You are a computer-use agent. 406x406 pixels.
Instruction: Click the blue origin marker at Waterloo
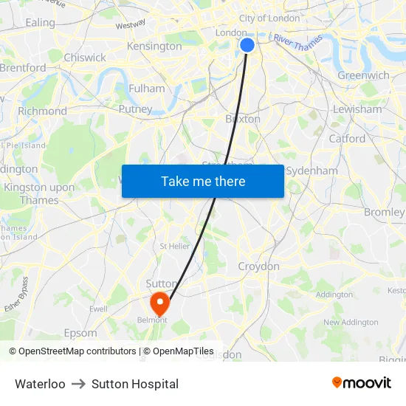point(247,45)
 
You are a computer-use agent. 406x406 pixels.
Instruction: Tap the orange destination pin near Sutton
point(159,302)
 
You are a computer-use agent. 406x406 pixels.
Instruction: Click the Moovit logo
point(362,383)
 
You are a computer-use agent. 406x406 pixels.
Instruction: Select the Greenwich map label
point(363,75)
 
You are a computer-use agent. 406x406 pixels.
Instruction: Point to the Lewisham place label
point(357,109)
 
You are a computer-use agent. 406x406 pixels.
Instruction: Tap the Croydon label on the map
point(258,266)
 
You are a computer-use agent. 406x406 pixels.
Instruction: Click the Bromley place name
point(384,212)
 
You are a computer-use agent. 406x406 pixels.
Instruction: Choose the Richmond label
point(42,111)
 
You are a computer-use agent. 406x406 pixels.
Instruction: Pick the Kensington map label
point(154,46)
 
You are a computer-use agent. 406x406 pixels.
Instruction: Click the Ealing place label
point(40,23)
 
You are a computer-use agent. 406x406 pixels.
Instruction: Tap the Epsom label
point(80,333)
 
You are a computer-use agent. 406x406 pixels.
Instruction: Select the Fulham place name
point(147,89)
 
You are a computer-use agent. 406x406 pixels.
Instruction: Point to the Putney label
point(135,109)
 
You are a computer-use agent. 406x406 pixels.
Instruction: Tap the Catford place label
point(347,139)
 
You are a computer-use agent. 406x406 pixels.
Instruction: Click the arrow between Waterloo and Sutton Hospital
point(78,384)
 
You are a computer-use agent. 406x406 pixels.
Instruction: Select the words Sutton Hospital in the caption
point(135,384)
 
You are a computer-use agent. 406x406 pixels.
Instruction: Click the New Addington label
point(350,322)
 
